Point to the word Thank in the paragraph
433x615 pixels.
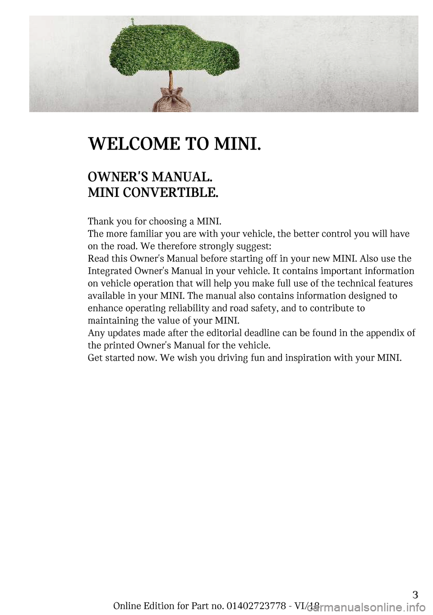pyautogui.click(x=100, y=222)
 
